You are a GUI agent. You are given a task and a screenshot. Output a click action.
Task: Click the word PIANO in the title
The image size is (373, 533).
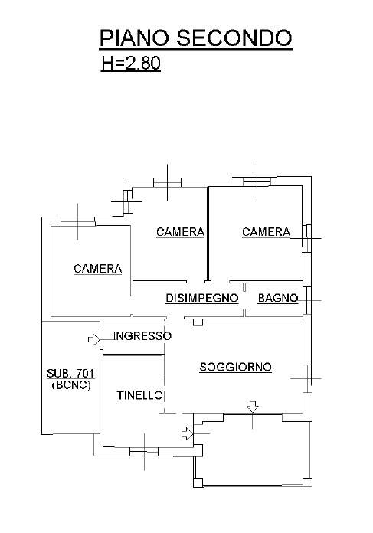coord(134,38)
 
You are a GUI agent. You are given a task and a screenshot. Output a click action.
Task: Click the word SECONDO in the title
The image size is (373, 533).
coord(234,38)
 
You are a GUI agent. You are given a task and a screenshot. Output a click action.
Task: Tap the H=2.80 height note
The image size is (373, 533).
coord(131,64)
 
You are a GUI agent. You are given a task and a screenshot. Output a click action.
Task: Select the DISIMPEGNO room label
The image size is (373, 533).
coord(202,298)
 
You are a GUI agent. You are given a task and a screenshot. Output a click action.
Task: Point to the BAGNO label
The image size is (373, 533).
coord(278,298)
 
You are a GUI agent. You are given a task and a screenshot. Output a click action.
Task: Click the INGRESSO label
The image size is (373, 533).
coord(142,336)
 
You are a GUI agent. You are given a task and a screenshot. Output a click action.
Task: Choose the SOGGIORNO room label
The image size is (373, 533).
coord(235,367)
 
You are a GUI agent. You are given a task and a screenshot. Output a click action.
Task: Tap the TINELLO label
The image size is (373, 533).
coord(139,395)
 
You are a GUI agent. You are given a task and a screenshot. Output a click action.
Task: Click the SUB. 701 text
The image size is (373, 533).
coord(70,373)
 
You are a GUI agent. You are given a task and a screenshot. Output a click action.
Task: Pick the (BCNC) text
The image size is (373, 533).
coord(71,385)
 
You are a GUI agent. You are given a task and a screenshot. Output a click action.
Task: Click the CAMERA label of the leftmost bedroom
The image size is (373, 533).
coord(97,269)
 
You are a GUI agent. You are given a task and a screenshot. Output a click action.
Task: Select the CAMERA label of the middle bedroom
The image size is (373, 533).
coord(180,232)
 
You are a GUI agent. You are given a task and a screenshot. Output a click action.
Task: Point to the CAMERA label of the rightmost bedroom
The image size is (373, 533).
coord(266,232)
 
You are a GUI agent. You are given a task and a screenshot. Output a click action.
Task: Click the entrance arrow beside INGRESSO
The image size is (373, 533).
coord(93,339)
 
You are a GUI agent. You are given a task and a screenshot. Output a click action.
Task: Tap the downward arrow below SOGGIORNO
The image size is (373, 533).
coord(252,407)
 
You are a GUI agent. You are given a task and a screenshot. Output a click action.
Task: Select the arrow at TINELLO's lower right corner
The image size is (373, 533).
coord(188,433)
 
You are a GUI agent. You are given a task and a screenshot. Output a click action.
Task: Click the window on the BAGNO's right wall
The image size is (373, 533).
coord(307,300)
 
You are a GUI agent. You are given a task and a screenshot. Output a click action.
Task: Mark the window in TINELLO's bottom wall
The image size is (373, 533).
coord(144,451)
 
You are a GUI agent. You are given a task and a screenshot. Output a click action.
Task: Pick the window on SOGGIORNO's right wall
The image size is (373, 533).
coord(307,378)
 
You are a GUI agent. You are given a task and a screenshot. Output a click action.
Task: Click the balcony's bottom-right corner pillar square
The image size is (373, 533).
coord(307,482)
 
